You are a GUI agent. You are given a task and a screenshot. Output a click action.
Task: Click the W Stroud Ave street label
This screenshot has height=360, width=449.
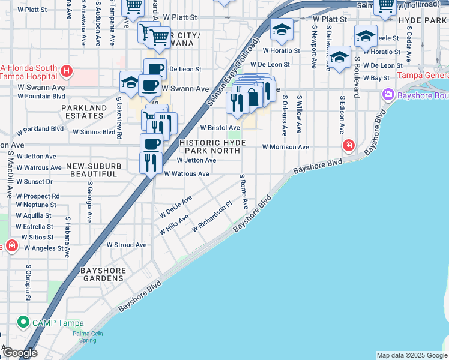point(127,245)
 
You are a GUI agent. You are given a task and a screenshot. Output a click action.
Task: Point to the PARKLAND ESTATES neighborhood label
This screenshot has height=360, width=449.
point(83,112)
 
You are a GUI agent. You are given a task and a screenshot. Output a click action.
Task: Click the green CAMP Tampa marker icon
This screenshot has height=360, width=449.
point(23,322)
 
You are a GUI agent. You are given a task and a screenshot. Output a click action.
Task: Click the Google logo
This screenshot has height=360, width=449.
point(20,353)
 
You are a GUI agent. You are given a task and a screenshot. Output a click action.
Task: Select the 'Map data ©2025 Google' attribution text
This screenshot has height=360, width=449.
point(411,355)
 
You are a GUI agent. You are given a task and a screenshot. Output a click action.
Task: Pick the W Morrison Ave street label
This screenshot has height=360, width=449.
point(285,147)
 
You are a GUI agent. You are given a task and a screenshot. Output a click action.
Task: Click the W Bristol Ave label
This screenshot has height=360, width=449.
point(220,128)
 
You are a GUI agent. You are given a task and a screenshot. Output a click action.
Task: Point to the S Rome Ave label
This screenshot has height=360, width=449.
point(243,191)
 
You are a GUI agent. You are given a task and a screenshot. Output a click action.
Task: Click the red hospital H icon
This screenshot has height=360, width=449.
point(67,71)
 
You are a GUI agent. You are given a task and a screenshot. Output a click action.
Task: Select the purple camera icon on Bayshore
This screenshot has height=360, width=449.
point(388,94)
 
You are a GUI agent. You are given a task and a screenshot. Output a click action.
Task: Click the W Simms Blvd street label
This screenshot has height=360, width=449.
point(94,131)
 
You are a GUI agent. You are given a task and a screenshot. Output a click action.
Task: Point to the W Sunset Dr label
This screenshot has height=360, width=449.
point(35,181)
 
